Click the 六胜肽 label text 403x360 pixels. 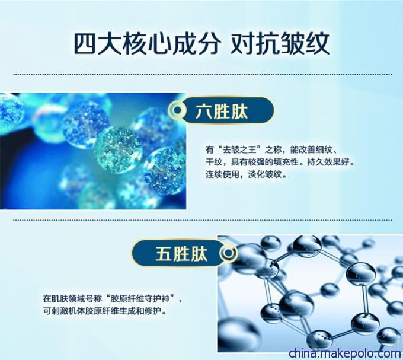click(221, 111)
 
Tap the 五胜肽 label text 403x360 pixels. click(181, 254)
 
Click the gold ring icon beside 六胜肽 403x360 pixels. click(177, 110)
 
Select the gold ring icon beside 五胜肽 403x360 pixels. click(228, 253)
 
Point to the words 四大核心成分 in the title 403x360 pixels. click(147, 43)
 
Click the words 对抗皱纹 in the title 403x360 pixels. click(280, 43)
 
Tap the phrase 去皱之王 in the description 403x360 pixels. click(239, 149)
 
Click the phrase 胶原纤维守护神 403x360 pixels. click(140, 298)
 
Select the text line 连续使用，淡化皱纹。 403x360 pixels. click(246, 174)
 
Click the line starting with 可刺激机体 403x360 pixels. click(105, 311)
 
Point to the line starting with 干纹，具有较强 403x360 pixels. click(280, 162)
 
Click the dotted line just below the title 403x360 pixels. click(203, 75)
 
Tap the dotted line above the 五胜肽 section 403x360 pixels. click(203, 220)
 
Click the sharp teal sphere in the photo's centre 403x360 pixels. click(118, 149)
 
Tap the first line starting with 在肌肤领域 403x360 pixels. click(113, 298)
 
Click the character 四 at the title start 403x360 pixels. click(85, 43)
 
